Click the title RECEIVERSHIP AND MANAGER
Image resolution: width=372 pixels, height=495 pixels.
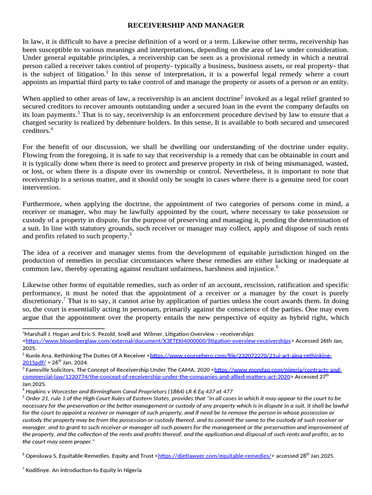click(x=186, y=25)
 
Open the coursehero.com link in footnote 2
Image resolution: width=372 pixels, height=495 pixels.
click(x=241, y=355)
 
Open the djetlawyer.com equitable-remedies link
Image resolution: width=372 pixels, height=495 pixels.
click(x=214, y=455)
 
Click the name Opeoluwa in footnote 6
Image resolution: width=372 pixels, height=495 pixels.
click(x=41, y=455)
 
